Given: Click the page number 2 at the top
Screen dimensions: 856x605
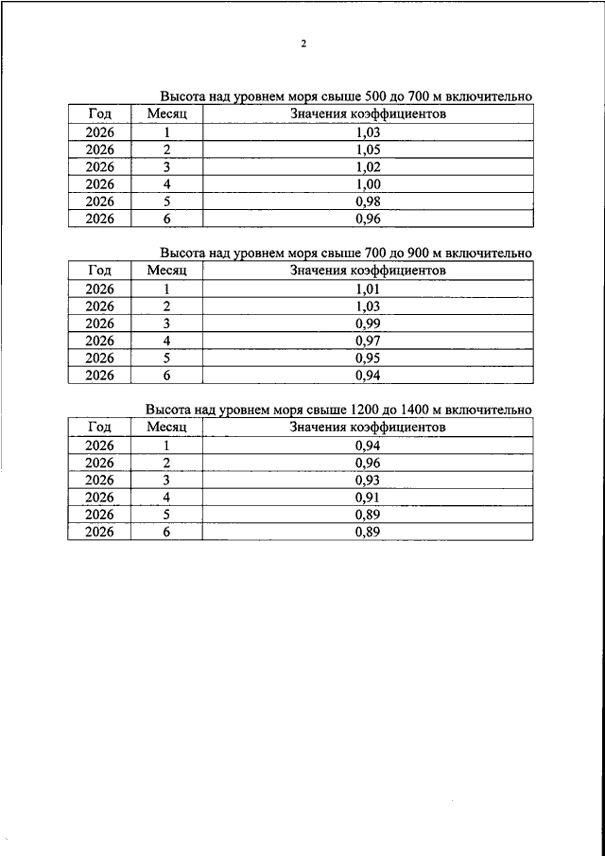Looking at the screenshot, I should [303, 44].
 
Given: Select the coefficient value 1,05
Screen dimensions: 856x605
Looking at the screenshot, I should [368, 149].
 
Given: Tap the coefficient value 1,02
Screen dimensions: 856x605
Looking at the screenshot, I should [368, 166].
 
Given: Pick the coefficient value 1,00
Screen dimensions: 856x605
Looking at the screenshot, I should [368, 183].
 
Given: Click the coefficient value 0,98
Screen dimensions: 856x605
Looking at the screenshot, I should [368, 201].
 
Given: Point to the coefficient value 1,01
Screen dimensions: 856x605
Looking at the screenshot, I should [368, 289].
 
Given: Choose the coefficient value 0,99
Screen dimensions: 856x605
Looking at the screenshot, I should [368, 323].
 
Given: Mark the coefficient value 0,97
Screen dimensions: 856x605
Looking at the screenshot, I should [368, 341].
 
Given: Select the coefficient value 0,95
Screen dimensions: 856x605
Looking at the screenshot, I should [368, 358].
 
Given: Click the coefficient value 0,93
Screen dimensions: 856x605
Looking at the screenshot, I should [368, 480].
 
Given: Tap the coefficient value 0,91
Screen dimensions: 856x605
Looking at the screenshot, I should [368, 498].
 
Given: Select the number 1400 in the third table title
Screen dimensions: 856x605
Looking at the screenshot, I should [413, 410].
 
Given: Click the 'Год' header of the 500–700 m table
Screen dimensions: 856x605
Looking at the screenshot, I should [99, 114].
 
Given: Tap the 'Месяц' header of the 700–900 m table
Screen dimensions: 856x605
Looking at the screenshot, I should [167, 271].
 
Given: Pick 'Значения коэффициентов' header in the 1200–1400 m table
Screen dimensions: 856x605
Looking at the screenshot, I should [368, 428].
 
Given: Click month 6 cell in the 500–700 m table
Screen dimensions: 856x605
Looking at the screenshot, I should [167, 218].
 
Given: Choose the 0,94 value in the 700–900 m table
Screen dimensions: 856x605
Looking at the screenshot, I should [368, 375].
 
